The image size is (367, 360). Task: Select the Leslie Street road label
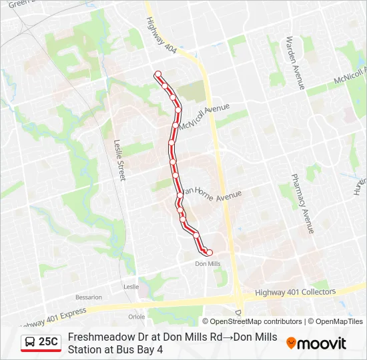tap(119, 160)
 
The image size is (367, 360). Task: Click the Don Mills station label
tap(207, 263)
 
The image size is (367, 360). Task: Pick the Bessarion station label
tap(89, 297)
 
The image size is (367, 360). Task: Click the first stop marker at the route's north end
tap(158, 74)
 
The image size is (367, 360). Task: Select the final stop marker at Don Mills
tap(209, 252)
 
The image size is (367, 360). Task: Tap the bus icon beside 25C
tap(31, 342)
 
